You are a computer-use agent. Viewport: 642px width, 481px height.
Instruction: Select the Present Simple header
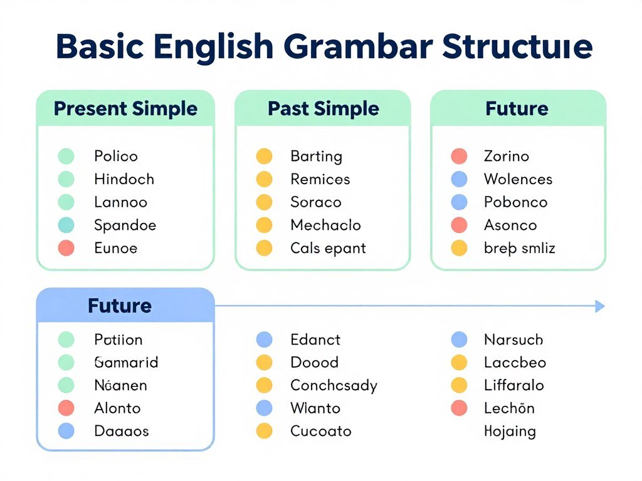(125, 108)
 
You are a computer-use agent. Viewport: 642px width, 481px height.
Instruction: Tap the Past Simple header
(323, 108)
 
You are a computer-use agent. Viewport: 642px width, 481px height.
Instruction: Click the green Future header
(517, 108)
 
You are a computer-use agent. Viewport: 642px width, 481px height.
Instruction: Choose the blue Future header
(120, 306)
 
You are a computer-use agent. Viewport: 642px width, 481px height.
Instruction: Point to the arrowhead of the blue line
(600, 306)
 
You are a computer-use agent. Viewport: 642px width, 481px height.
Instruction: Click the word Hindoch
(124, 179)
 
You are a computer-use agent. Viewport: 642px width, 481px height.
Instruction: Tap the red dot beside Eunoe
(66, 248)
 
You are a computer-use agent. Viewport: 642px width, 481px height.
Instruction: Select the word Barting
(316, 156)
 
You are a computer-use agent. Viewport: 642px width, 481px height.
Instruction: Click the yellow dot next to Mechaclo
(265, 225)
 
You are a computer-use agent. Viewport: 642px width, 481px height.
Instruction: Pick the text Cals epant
(328, 248)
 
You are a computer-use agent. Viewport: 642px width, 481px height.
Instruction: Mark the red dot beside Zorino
(460, 156)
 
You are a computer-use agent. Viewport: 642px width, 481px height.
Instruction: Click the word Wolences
(518, 179)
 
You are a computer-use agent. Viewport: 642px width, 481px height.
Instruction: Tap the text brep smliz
(519, 249)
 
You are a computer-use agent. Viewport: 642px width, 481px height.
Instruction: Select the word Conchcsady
(334, 385)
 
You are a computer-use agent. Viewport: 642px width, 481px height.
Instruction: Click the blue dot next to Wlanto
(265, 408)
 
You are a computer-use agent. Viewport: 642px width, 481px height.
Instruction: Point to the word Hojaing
(510, 432)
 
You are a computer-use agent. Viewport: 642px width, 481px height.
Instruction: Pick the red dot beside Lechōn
(460, 408)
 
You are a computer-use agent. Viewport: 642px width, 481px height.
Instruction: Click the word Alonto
(117, 408)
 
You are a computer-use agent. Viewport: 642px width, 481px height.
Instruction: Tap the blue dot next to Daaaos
(66, 431)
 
